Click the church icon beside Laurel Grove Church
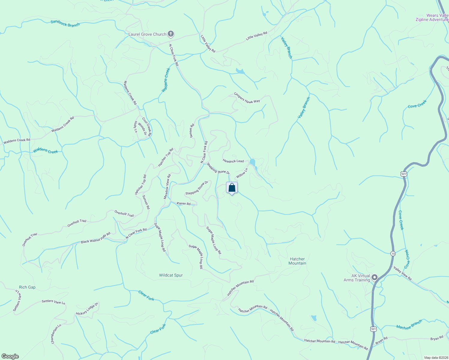click(x=170, y=34)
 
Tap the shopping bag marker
click(x=232, y=188)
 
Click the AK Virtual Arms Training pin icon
click(x=374, y=277)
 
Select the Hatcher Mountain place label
click(x=297, y=261)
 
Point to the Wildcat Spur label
click(x=171, y=275)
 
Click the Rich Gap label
click(x=27, y=287)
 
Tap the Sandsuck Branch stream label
click(x=65, y=23)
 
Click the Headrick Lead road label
click(x=233, y=161)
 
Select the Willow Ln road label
click(x=242, y=173)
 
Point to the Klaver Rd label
click(x=184, y=204)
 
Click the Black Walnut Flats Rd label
click(x=96, y=238)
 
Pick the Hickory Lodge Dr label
click(x=87, y=309)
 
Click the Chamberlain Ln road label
click(x=56, y=334)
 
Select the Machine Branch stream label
click(x=409, y=325)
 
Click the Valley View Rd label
click(x=402, y=273)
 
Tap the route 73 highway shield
click(x=393, y=253)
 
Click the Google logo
click(x=10, y=356)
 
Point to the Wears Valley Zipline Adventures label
click(x=432, y=18)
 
